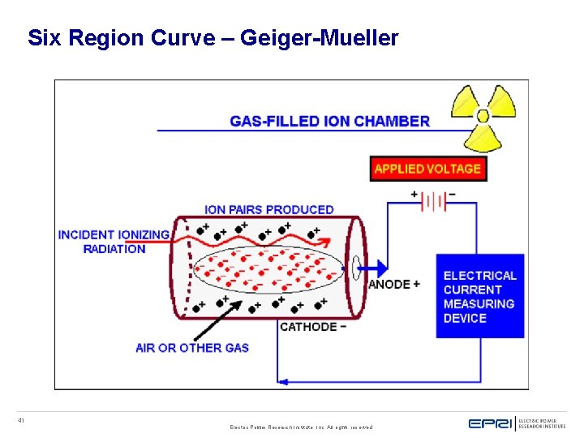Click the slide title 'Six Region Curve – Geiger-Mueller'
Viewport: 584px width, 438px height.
click(x=213, y=38)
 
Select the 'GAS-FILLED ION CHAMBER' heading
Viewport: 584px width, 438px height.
click(x=330, y=121)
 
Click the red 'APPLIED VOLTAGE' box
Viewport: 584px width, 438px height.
click(x=427, y=169)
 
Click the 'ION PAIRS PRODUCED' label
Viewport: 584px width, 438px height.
click(x=269, y=209)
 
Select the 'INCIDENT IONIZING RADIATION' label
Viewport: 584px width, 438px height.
click(x=114, y=242)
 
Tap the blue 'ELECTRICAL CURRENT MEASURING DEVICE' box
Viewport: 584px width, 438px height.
click(x=480, y=297)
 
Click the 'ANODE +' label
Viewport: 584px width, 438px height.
click(x=394, y=285)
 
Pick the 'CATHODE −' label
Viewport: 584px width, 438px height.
click(x=313, y=327)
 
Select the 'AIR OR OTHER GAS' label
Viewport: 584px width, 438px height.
click(x=192, y=348)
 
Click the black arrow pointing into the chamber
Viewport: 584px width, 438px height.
click(x=217, y=320)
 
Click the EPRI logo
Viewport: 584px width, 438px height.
click(x=490, y=423)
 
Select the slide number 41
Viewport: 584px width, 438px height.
click(x=21, y=420)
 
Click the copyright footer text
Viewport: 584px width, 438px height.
click(x=301, y=427)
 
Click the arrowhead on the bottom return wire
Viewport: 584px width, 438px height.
click(x=283, y=380)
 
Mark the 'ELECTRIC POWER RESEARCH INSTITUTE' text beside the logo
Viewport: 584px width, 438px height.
click(x=542, y=423)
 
